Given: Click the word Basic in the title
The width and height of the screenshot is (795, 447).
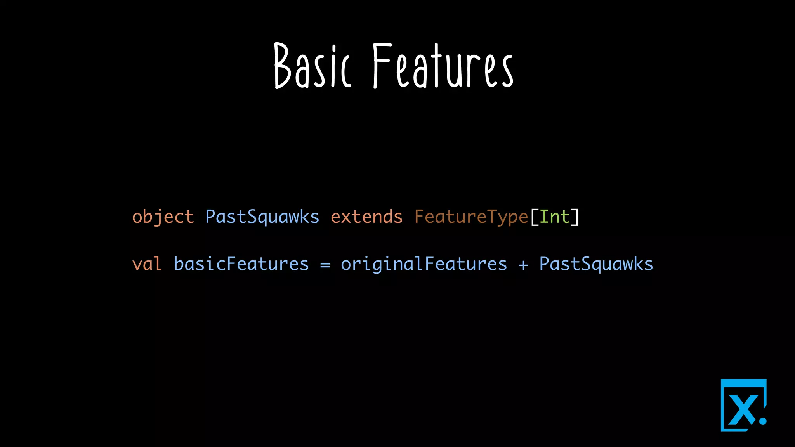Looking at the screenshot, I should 312,66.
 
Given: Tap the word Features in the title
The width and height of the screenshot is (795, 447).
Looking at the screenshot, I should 443,66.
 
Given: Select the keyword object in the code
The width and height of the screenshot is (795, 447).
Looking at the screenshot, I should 163,217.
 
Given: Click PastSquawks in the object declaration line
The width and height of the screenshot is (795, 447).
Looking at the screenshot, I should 262,217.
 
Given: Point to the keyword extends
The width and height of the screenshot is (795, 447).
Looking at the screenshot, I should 366,217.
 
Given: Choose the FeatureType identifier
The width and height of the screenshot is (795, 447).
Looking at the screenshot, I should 471,217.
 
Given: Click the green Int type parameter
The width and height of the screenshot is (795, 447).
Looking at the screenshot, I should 554,217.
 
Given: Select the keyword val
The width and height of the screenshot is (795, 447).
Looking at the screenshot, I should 147,264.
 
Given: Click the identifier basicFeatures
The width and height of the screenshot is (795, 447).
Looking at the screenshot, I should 241,264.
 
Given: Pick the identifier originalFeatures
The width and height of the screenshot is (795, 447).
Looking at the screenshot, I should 424,264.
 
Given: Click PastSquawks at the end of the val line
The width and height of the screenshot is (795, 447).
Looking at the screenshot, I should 596,264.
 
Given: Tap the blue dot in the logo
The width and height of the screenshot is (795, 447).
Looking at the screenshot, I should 763,421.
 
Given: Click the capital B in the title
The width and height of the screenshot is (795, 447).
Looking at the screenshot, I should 282,66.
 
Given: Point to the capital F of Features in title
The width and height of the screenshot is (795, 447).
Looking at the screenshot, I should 381,66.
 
